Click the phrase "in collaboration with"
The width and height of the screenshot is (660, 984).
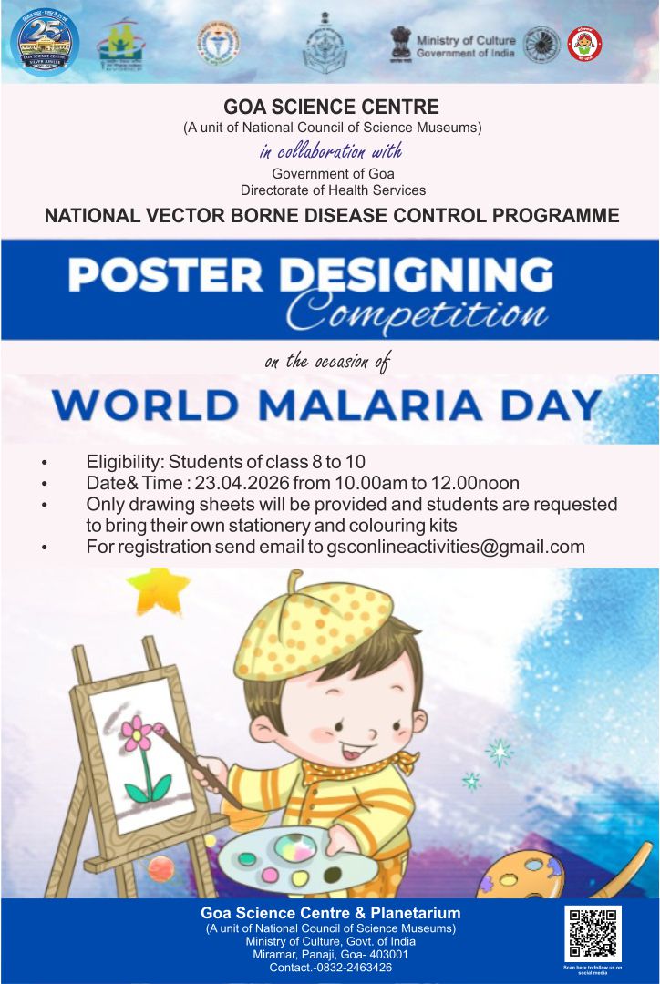click(330, 151)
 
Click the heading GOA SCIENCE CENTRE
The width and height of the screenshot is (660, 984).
click(331, 107)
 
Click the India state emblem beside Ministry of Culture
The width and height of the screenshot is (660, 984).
click(400, 42)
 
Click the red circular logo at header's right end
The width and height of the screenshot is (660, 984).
click(584, 43)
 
